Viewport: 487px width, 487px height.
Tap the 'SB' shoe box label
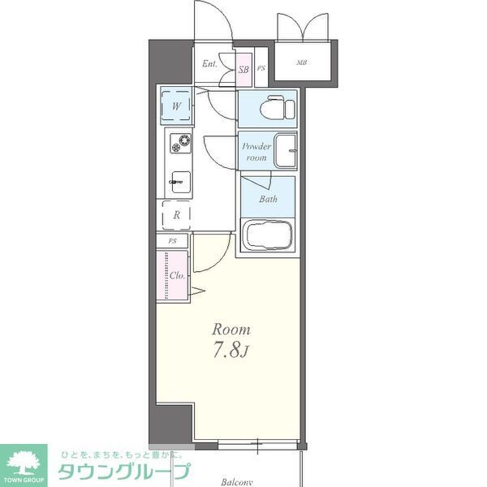[243, 69]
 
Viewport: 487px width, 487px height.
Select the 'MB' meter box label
[301, 62]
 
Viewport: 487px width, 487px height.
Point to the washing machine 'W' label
[176, 106]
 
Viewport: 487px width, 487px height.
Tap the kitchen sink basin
[179, 183]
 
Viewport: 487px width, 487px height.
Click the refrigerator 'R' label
[176, 216]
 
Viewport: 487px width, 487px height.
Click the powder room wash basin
[285, 149]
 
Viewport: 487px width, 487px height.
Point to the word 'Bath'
[268, 199]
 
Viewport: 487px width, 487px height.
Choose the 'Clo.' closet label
[178, 275]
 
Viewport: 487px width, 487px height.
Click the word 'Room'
[231, 330]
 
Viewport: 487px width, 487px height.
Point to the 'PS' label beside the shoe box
[261, 69]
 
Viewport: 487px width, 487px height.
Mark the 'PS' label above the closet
[172, 241]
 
